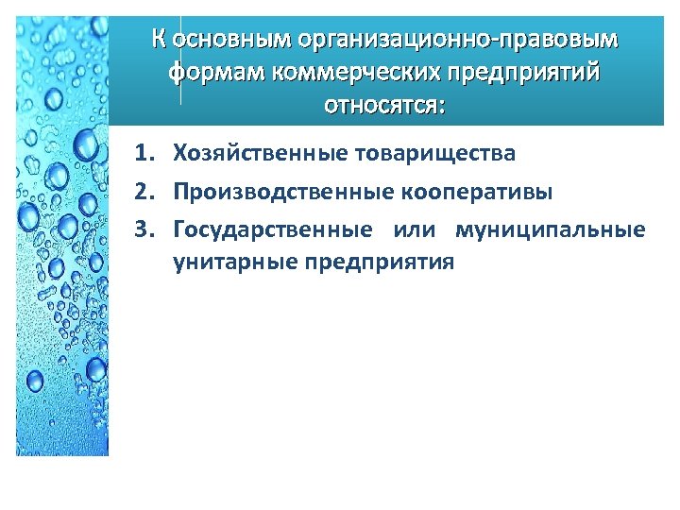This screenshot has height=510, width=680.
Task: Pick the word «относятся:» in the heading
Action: click(x=382, y=103)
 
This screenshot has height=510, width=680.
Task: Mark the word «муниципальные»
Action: click(x=551, y=230)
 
